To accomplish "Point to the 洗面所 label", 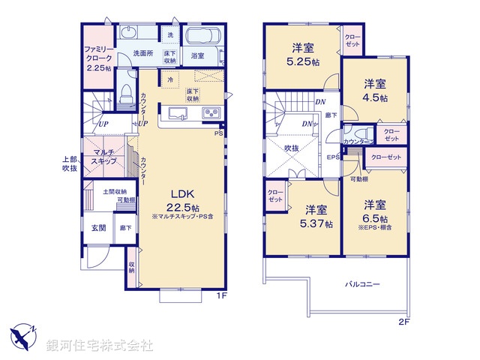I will click(143, 54).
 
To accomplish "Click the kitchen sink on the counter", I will click(178, 113).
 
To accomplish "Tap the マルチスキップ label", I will click(103, 156).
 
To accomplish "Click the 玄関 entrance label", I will click(98, 227).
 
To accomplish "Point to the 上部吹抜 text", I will click(70, 163).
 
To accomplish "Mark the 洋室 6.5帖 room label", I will click(376, 210).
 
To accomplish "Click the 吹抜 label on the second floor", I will click(292, 148).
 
